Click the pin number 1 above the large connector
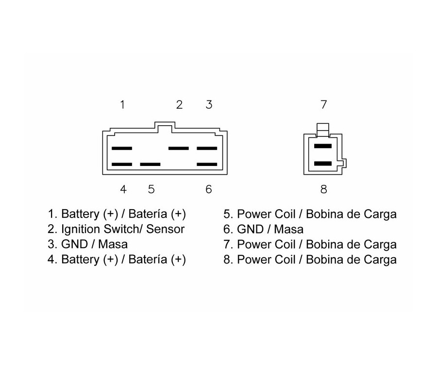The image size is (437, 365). click(x=123, y=104)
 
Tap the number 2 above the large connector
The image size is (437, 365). click(x=179, y=104)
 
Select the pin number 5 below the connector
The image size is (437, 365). click(x=151, y=189)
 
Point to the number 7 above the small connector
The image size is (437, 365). click(x=324, y=104)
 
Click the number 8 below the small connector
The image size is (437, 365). click(x=324, y=189)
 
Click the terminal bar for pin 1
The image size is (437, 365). click(x=121, y=148)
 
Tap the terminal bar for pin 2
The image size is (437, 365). click(x=179, y=148)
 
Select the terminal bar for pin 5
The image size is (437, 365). click(x=150, y=165)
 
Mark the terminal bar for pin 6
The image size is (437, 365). click(x=207, y=165)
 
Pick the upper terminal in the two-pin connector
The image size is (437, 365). click(x=323, y=146)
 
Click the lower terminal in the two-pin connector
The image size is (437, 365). click(x=323, y=164)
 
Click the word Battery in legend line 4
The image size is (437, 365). click(x=80, y=259)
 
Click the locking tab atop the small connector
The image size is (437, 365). click(x=323, y=129)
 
